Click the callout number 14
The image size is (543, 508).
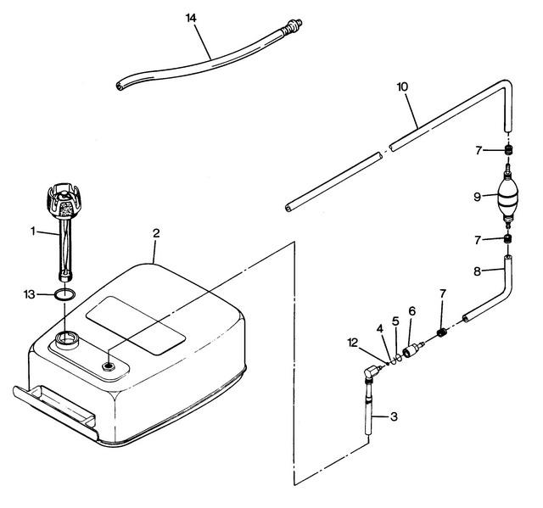191,18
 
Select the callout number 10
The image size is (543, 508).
402,87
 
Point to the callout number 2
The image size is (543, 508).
156,233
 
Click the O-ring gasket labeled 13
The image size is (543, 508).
64,294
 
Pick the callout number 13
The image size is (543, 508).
30,294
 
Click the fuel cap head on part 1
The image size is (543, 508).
64,201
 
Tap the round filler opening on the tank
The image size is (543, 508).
67,338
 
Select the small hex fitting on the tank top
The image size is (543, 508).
108,366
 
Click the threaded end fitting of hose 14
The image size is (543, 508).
293,26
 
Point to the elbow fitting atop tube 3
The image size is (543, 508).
372,372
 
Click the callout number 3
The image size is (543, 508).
394,416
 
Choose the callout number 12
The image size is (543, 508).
353,343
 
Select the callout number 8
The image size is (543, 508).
477,271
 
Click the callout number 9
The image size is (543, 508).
477,197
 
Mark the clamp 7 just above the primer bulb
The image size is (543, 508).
508,150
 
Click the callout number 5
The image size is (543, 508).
395,321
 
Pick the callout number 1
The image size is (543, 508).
33,231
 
